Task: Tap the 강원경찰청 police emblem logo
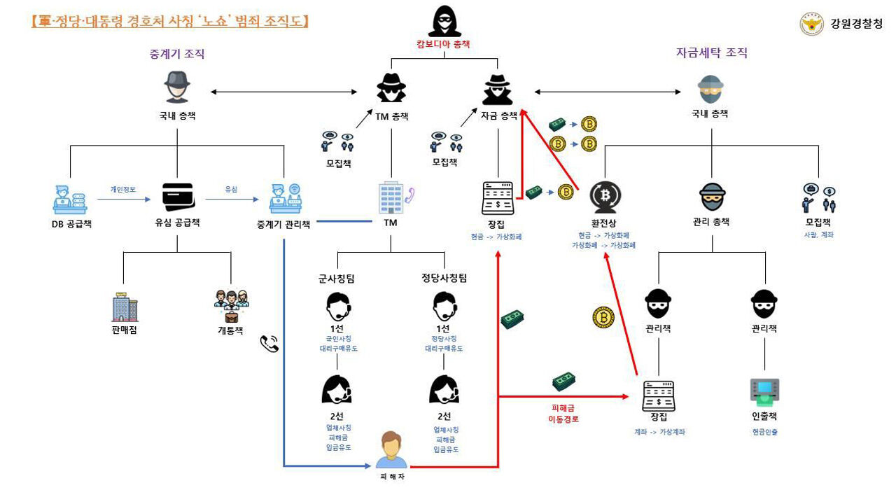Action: (x=811, y=24)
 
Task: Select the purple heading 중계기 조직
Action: (x=177, y=54)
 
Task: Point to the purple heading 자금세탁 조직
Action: (x=711, y=52)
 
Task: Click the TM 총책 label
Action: (x=391, y=116)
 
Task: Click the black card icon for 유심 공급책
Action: (x=177, y=197)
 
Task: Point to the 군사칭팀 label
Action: (x=337, y=278)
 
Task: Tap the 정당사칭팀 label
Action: (x=444, y=278)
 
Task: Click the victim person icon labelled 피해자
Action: (x=391, y=450)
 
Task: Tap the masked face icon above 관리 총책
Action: (x=712, y=198)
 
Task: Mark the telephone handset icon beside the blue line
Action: (x=269, y=343)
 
